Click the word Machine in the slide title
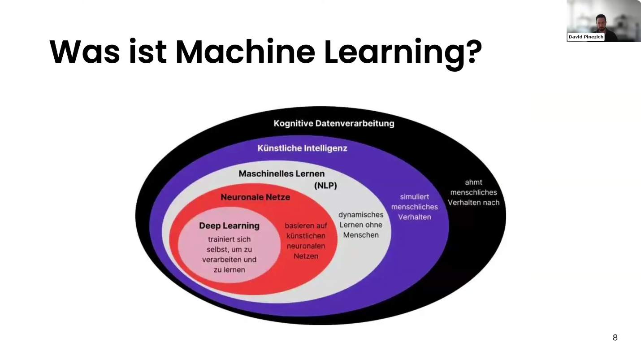coord(245,52)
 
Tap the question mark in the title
coord(472,52)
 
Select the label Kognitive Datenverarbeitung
coord(334,123)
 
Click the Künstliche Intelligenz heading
coord(302,148)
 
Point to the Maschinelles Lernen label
coord(282,173)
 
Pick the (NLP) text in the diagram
coord(325,186)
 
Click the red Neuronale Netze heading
coord(255,197)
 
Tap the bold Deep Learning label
coord(229,226)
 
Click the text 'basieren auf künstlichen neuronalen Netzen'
coord(306,241)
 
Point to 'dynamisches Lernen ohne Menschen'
coord(361,225)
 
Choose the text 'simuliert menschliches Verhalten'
coord(415,207)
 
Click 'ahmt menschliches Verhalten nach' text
coord(473,192)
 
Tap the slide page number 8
coord(615,338)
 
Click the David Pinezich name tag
coord(586,37)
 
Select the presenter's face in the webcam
coord(601,22)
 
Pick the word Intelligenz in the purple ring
coord(326,148)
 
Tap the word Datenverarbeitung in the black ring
coord(355,123)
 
